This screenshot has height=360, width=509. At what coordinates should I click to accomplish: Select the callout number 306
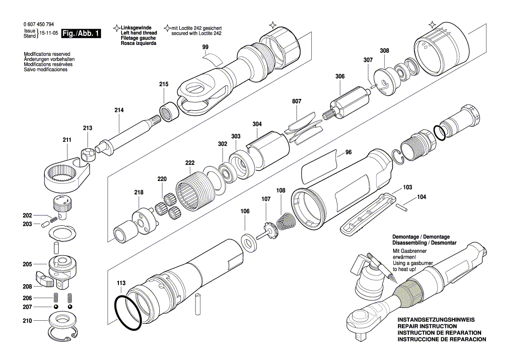(x=340, y=76)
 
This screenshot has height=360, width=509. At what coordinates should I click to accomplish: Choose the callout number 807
(x=297, y=102)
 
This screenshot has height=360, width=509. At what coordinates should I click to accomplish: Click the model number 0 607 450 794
(x=39, y=25)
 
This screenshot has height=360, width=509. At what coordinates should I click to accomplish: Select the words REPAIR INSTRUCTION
(x=427, y=326)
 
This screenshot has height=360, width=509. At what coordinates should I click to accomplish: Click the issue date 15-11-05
(x=48, y=34)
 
